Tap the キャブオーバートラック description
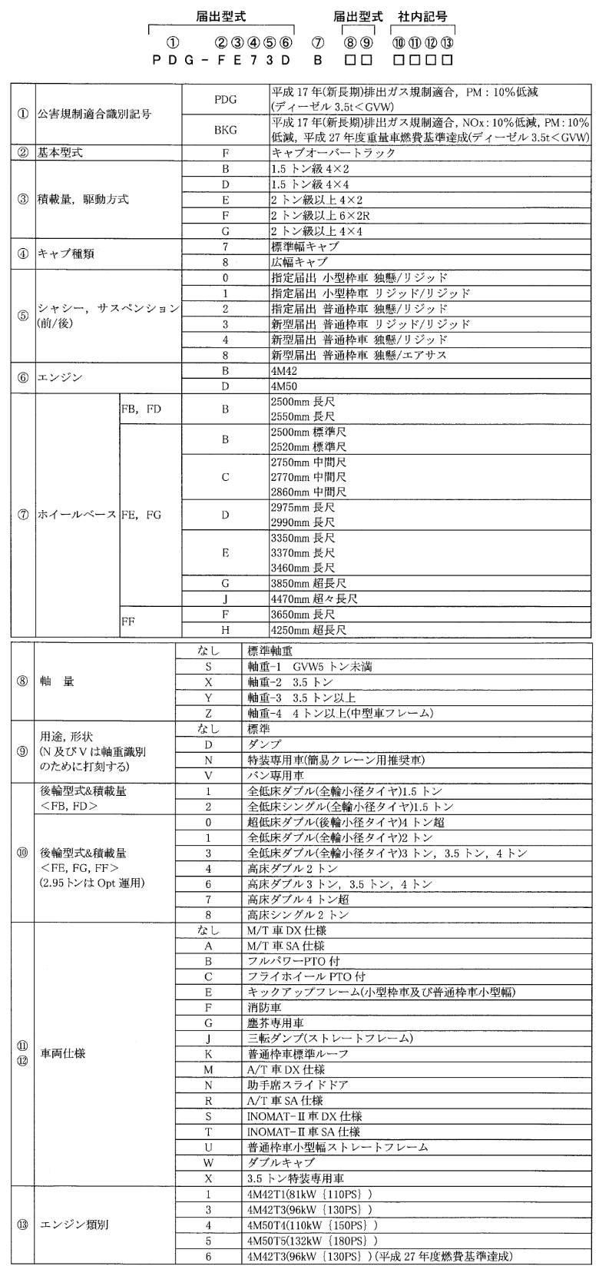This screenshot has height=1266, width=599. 323,153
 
